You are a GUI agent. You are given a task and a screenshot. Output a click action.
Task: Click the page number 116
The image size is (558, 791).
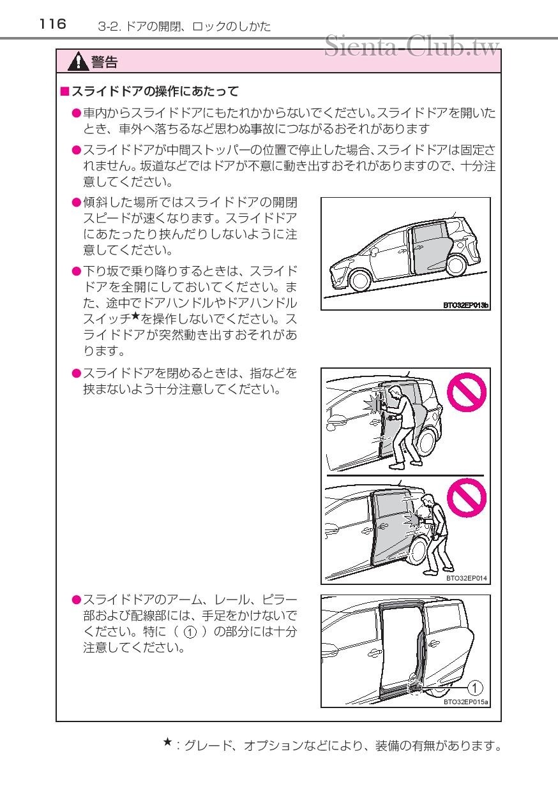[52, 24]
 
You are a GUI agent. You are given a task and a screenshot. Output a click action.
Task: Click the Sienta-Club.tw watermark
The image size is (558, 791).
[412, 46]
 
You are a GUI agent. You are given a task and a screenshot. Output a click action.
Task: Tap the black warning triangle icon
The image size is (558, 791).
[79, 62]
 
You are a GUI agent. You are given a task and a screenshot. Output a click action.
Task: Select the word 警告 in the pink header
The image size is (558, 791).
[104, 62]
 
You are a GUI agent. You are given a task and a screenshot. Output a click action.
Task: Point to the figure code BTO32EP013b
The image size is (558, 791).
[465, 306]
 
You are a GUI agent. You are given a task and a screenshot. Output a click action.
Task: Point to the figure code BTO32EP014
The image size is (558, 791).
[466, 578]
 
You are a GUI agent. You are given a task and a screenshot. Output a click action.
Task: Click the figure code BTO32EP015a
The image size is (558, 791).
[465, 702]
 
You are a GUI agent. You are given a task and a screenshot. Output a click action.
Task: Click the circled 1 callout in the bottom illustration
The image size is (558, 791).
[475, 687]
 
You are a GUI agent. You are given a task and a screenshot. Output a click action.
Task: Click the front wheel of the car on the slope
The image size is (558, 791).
[350, 280]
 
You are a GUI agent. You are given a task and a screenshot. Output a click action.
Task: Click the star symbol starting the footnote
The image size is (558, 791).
[167, 742]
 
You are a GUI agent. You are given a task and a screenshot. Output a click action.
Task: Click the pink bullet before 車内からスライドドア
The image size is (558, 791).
[76, 113]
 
